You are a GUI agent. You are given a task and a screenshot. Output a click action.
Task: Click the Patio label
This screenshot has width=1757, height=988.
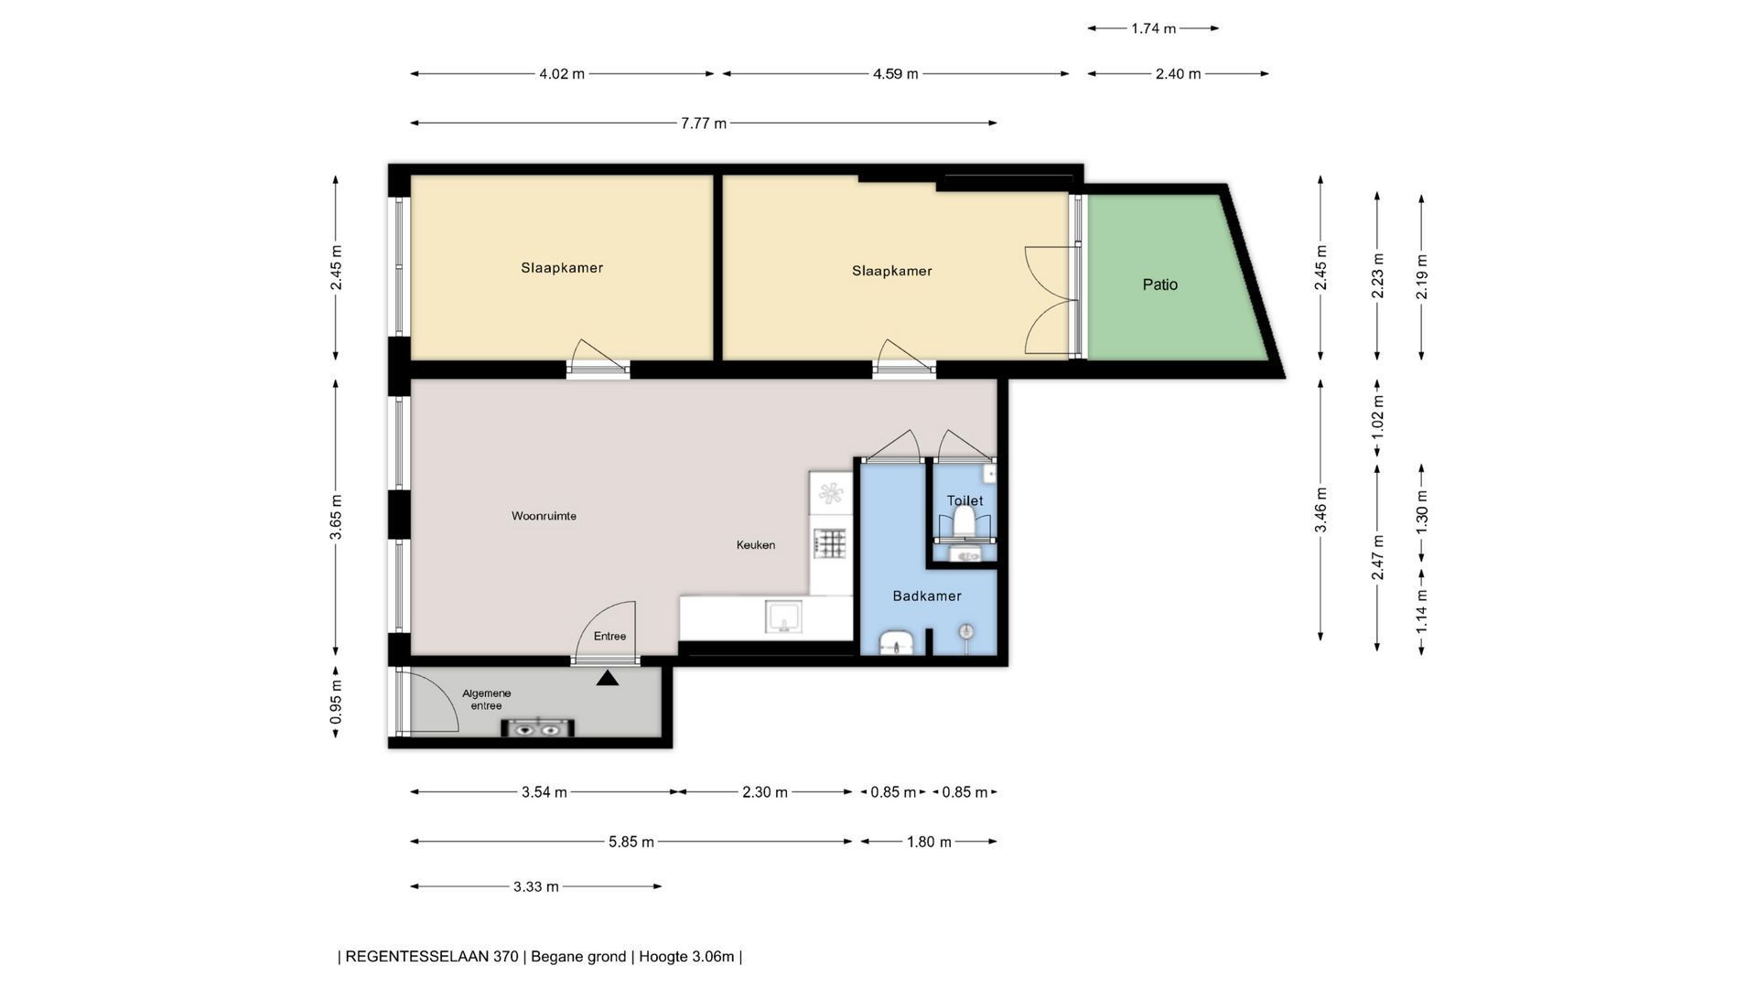tap(1159, 285)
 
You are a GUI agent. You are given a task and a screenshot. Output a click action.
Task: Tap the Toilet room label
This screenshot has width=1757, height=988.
tap(965, 500)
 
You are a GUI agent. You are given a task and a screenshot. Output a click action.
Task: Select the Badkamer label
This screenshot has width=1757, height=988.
tap(927, 596)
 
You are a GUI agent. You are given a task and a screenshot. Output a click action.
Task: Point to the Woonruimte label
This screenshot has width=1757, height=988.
tap(544, 516)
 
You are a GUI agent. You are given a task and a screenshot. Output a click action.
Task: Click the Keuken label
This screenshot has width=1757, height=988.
tap(756, 545)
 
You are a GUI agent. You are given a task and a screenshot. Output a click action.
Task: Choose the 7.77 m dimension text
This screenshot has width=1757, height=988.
tap(704, 123)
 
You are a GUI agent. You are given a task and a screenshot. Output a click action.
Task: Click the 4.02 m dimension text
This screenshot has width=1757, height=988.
tap(562, 73)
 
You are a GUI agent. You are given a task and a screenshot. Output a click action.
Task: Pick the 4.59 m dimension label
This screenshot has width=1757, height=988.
tap(895, 73)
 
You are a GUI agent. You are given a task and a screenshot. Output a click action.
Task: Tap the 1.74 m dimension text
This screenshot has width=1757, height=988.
tap(1153, 28)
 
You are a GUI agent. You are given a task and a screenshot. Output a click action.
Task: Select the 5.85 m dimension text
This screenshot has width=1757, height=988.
tap(631, 842)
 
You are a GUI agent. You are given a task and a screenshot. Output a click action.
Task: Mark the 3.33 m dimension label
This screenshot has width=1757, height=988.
tap(536, 886)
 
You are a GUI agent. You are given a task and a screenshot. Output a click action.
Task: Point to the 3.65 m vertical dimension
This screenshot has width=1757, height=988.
tap(336, 517)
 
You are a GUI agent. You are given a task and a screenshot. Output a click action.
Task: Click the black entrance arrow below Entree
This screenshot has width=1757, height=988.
tap(608, 678)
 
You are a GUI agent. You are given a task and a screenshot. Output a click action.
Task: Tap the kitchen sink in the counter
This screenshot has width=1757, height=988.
tap(784, 617)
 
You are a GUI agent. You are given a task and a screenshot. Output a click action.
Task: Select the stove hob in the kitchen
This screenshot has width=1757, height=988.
tap(830, 543)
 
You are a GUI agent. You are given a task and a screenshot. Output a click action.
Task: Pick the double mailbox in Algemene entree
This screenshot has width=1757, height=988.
tap(538, 728)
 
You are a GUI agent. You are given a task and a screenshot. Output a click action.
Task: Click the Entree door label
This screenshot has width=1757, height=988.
tap(609, 637)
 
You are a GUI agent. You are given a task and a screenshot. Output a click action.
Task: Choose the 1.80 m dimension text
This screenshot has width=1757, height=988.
tap(929, 842)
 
